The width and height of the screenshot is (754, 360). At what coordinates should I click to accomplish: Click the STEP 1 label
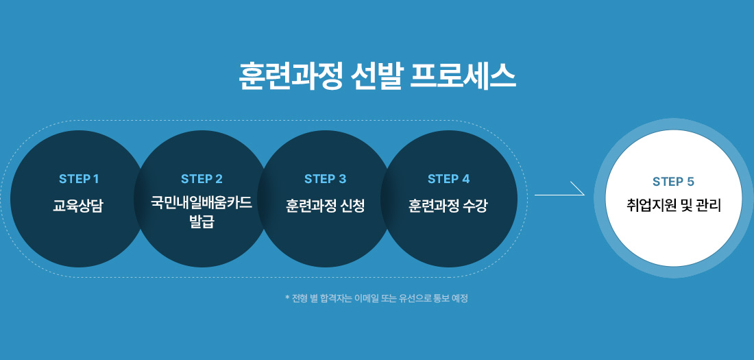[79, 179]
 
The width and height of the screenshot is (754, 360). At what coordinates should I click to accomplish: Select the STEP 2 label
[202, 179]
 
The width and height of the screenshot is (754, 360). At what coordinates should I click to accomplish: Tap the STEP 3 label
[325, 179]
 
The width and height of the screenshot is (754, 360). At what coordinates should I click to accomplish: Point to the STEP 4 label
[448, 179]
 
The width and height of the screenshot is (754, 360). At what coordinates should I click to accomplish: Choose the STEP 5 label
[673, 182]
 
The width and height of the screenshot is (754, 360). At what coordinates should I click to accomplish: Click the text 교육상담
[79, 206]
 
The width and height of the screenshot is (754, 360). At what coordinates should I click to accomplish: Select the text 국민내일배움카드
[202, 204]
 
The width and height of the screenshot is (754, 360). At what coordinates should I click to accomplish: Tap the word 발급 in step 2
[202, 221]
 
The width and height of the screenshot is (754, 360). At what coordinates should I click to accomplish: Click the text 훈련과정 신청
[325, 206]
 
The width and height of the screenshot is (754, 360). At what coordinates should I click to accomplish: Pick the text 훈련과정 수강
[448, 206]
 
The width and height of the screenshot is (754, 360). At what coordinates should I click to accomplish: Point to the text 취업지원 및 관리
[673, 205]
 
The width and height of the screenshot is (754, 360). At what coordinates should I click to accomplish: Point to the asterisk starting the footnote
[287, 298]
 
